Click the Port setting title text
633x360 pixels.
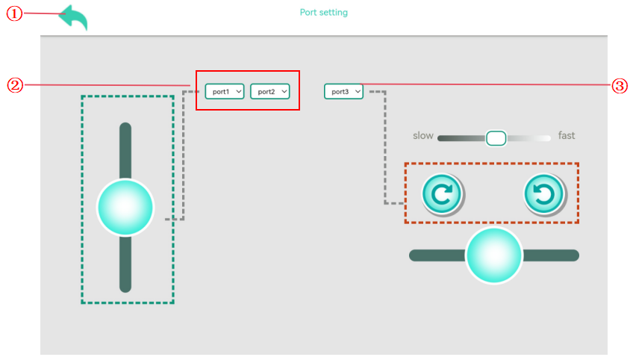tap(323, 13)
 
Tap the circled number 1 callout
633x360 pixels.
tap(14, 13)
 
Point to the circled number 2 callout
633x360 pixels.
tap(16, 85)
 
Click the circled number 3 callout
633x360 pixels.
tap(620, 86)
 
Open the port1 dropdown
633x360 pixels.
tap(225, 92)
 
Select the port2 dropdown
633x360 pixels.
tap(270, 92)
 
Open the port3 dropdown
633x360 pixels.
tap(343, 92)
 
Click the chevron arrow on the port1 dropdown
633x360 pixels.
tap(239, 92)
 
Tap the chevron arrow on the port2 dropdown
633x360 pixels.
tap(284, 92)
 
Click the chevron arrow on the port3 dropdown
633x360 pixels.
tap(358, 92)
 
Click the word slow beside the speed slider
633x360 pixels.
tap(423, 136)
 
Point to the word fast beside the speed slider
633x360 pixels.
tap(567, 135)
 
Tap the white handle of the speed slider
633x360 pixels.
tap(496, 138)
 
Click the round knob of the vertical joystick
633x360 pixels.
tap(125, 208)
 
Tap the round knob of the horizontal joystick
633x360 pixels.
tap(493, 255)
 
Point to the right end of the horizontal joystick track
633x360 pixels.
tap(577, 255)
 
